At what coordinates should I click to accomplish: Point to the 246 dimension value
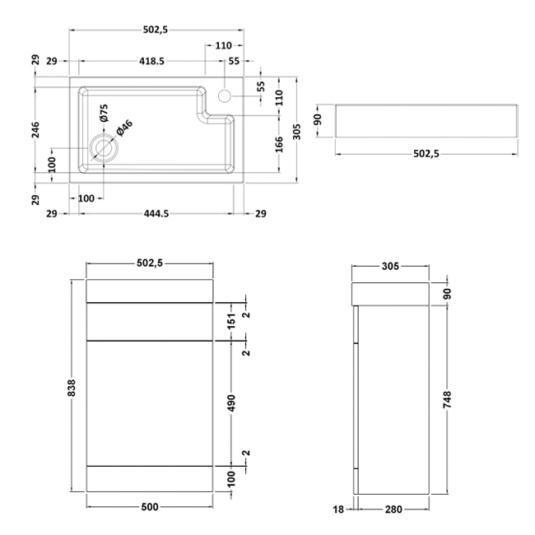point(35,131)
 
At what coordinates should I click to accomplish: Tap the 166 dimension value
point(280,144)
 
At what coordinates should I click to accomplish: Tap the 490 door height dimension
point(233,402)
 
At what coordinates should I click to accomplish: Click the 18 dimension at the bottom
point(338,510)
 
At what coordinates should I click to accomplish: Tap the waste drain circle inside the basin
point(104,149)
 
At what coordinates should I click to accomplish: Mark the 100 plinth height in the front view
point(233,478)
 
